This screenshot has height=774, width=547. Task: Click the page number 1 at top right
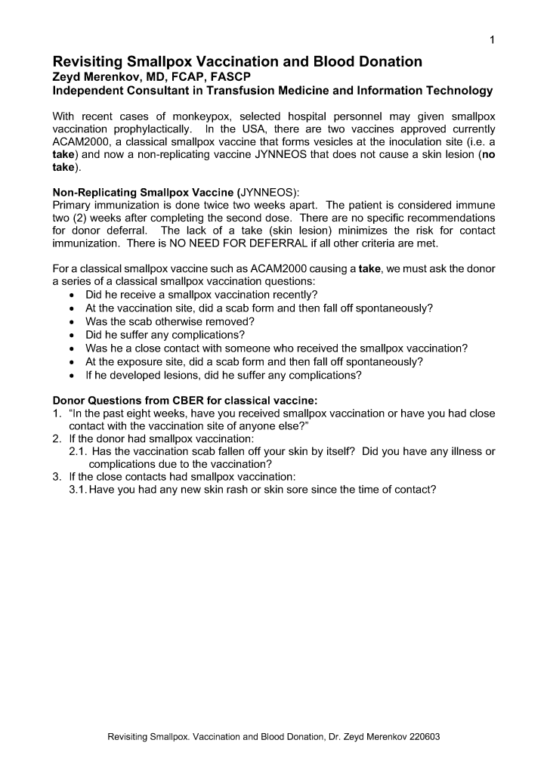coord(492,39)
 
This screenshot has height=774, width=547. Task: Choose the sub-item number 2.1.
coord(78,451)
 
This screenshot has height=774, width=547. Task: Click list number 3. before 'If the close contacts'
coord(57,476)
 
